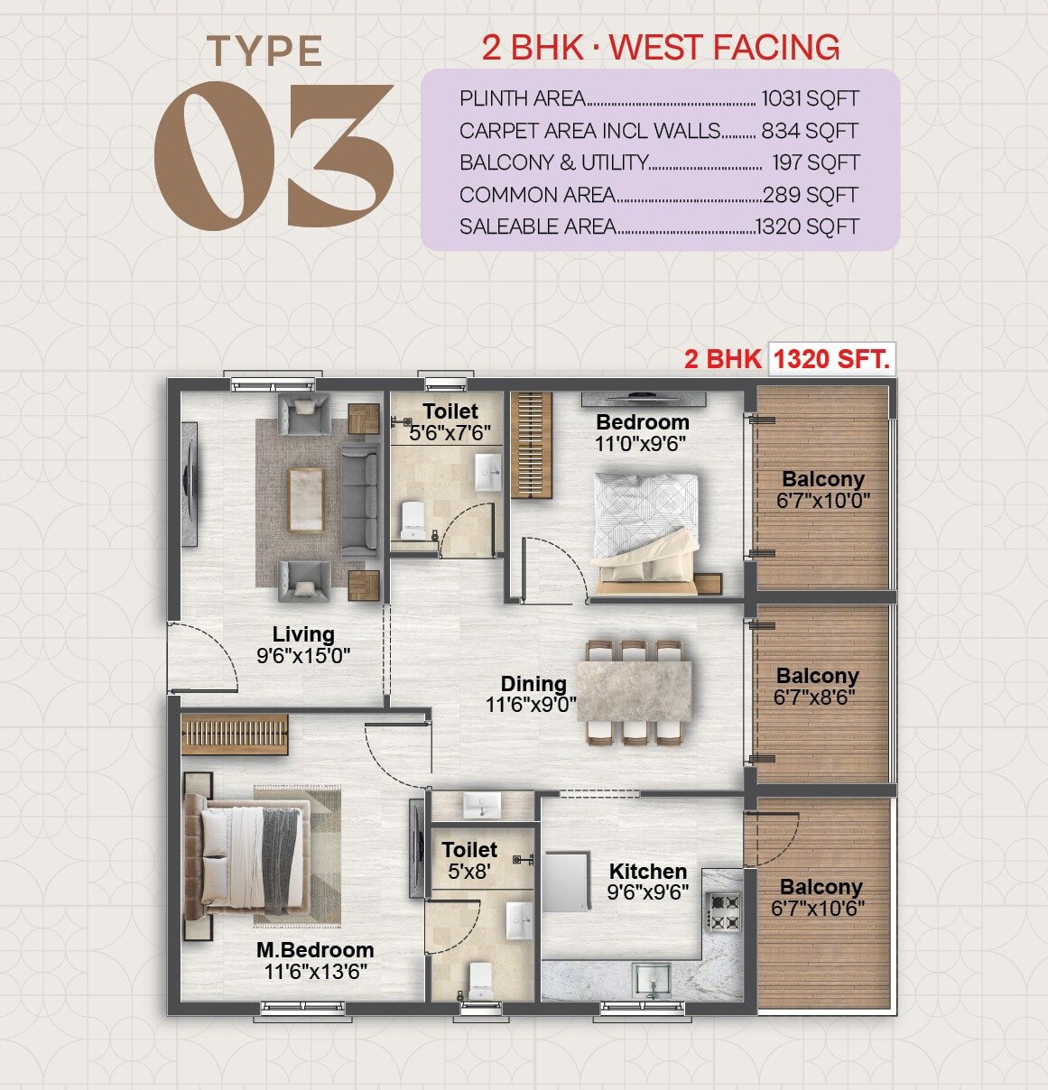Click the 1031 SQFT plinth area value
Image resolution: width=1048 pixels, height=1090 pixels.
coord(810,98)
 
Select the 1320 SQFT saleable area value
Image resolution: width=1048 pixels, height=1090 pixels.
coord(807,226)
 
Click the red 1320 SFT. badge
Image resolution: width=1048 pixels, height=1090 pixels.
coord(831,359)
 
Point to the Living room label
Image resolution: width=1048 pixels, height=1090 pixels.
coord(303,634)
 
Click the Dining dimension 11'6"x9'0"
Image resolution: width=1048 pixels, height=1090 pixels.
coord(532,705)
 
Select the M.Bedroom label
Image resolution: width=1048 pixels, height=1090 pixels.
coord(315,950)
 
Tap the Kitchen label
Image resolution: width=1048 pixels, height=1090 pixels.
coord(647,872)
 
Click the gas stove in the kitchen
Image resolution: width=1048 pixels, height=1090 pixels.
coord(723,911)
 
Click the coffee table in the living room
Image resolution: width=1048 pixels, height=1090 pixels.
coord(305,500)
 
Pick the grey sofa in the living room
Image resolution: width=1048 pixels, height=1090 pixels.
coord(360,500)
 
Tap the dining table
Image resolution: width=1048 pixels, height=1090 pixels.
coord(637,691)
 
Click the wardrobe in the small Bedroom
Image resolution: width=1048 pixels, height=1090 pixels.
coord(531,445)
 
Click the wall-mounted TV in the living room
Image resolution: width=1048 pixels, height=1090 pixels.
coord(190,485)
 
